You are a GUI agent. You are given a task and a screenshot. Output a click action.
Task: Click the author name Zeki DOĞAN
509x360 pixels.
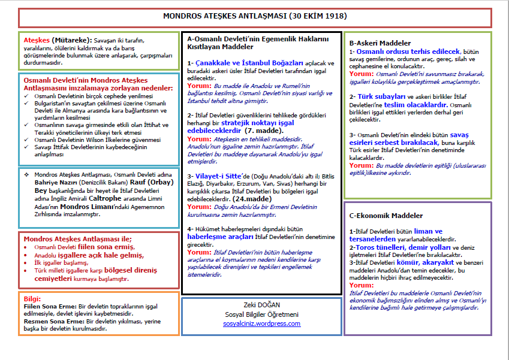(261, 304)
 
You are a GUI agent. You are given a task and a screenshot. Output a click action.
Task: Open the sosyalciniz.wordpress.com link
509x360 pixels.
(261, 323)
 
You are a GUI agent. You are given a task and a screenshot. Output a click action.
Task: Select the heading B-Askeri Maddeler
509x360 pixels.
(380, 43)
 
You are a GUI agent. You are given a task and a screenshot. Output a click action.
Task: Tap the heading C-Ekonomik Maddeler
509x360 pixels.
(386, 216)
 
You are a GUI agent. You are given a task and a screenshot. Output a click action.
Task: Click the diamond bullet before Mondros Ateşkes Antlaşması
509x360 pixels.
(26, 174)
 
